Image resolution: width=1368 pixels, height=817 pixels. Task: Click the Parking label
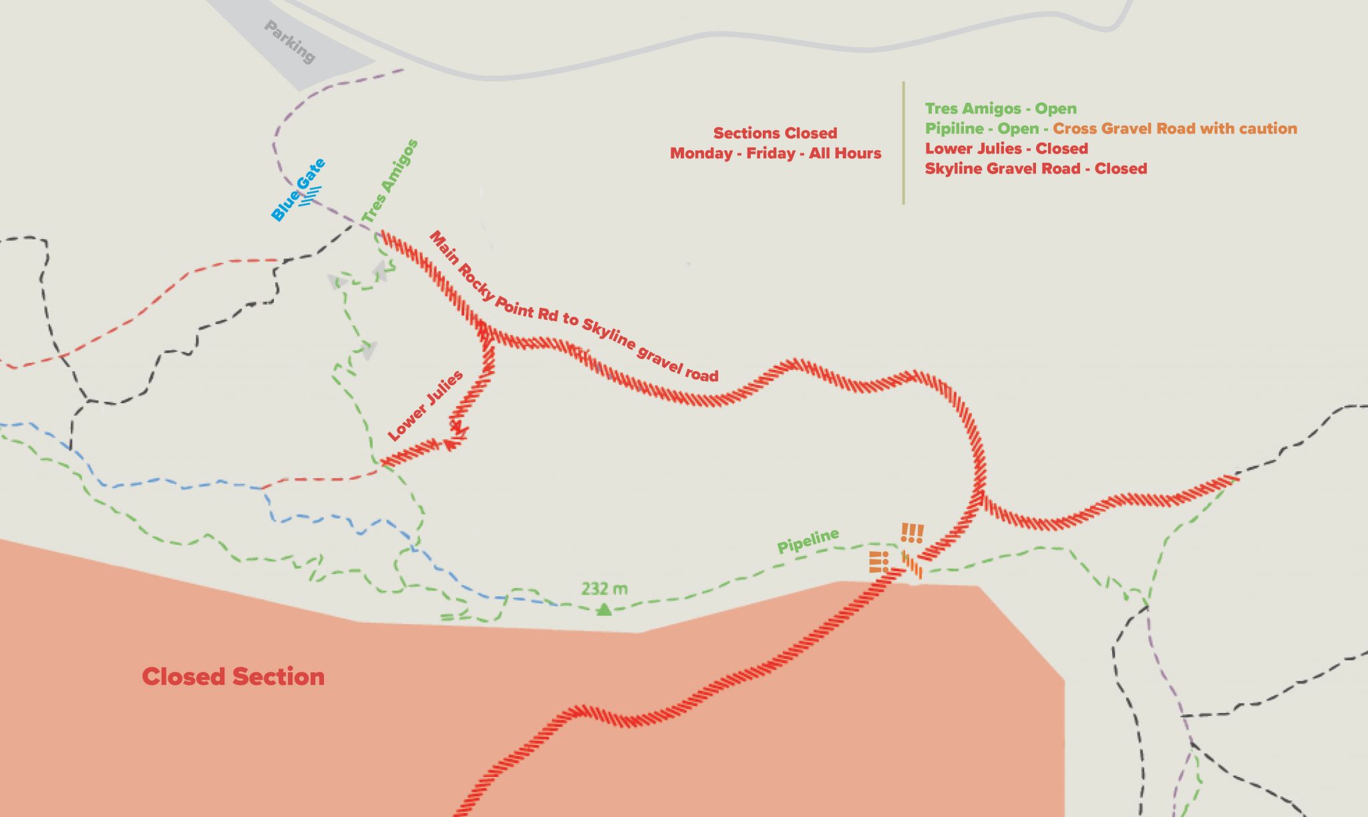pyautogui.click(x=289, y=42)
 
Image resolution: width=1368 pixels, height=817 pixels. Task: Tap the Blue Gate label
pyautogui.click(x=297, y=190)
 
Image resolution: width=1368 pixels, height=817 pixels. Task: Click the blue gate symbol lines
pyautogui.click(x=311, y=196)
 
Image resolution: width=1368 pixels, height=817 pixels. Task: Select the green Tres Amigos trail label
pyautogui.click(x=389, y=181)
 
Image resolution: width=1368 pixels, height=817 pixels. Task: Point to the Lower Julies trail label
pyautogui.click(x=425, y=405)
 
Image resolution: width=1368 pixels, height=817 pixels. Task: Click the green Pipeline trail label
pyautogui.click(x=808, y=541)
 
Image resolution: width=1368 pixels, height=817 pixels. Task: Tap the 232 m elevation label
pyautogui.click(x=604, y=589)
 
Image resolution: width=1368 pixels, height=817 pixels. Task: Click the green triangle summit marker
pyautogui.click(x=604, y=609)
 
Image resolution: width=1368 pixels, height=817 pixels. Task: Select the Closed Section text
pyautogui.click(x=233, y=677)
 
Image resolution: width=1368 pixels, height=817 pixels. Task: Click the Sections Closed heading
pyautogui.click(x=775, y=133)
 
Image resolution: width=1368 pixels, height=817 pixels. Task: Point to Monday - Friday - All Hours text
pyautogui.click(x=775, y=153)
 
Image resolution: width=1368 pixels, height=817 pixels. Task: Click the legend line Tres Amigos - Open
pyautogui.click(x=1000, y=108)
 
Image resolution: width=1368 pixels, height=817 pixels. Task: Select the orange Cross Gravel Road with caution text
pyautogui.click(x=1174, y=128)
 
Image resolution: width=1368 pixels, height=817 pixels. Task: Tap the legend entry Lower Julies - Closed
pyautogui.click(x=1006, y=148)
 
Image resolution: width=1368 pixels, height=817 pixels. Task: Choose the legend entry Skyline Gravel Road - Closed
pyautogui.click(x=1035, y=168)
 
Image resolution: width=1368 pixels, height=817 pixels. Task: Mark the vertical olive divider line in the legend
pyautogui.click(x=903, y=143)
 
